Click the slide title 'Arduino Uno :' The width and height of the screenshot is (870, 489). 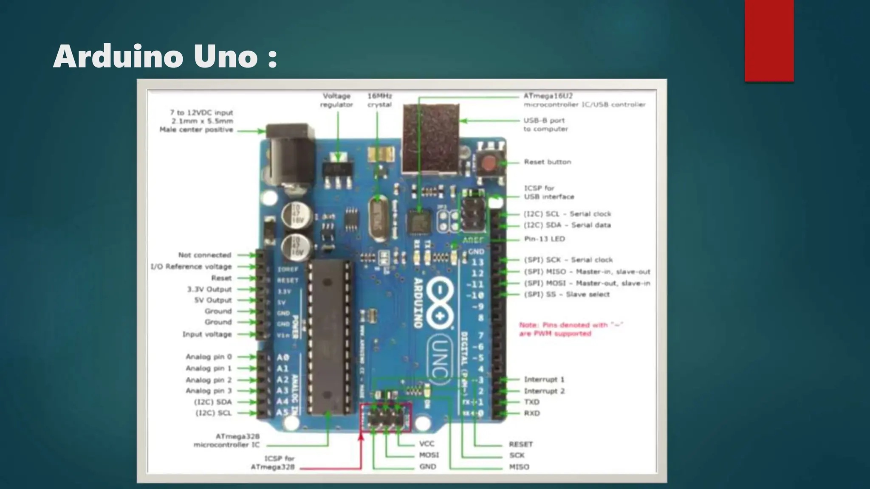[x=165, y=56]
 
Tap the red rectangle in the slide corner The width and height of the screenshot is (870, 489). [x=769, y=40]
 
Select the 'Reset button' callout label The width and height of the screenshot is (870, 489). [x=547, y=162]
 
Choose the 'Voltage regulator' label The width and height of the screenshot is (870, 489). [x=336, y=100]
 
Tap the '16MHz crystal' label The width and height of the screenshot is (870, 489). [x=379, y=100]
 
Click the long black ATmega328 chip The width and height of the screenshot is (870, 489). [x=330, y=337]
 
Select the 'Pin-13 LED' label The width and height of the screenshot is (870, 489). [x=544, y=239]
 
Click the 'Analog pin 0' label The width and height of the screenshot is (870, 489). [x=209, y=357]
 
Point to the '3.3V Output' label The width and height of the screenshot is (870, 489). [x=209, y=289]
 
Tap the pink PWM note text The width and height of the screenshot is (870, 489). [x=570, y=329]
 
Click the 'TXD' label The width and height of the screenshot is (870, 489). [x=531, y=402]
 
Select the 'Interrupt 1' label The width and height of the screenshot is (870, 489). [x=544, y=379]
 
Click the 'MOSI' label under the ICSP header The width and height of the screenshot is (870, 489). [x=429, y=455]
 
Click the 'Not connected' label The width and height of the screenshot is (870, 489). [x=204, y=255]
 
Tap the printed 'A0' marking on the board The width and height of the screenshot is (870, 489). [x=283, y=358]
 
